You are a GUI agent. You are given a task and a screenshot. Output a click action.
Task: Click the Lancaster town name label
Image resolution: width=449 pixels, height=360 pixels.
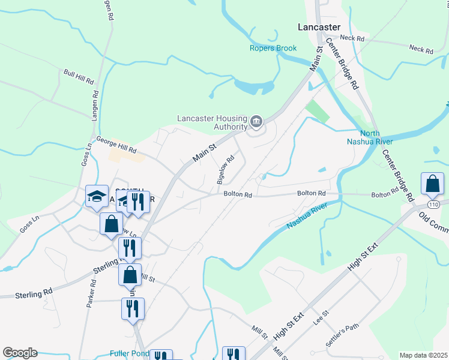319,27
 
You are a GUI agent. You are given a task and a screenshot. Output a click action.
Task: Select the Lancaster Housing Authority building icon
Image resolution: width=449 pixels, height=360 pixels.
256,122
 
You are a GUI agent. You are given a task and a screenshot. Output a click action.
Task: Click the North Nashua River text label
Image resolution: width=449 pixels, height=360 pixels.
370,137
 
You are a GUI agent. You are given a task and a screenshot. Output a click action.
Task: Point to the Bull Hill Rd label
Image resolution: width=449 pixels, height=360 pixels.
79,76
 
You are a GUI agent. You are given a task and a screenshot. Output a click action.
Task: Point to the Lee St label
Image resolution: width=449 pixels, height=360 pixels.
321,317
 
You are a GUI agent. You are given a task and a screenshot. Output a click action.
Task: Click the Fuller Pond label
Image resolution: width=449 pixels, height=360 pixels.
129,353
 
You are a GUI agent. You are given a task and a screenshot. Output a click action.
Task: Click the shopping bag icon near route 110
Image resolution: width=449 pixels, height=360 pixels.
432,184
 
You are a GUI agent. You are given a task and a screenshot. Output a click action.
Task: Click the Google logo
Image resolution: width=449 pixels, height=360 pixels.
20,353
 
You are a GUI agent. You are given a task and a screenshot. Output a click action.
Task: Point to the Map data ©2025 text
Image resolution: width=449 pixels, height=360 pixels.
423,355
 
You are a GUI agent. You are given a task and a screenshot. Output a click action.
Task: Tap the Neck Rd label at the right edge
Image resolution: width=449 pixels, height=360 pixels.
421,49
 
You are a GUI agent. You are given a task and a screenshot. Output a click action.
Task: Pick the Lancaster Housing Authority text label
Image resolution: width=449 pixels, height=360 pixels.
212,122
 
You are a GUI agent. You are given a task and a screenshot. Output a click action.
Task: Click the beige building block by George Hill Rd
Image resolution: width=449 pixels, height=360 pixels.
126,155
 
